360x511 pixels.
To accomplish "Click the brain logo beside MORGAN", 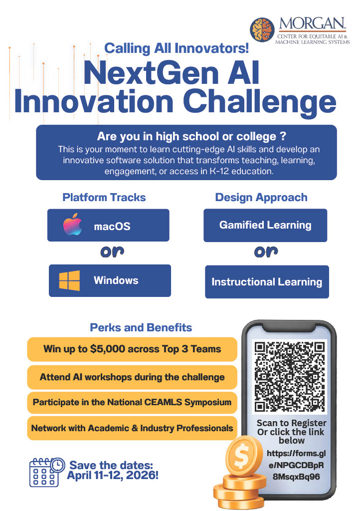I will pos(262,30).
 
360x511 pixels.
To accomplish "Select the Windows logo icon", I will pos(69,280).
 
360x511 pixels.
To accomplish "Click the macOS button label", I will pos(112,227).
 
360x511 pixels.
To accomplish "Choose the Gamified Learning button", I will pos(265,225).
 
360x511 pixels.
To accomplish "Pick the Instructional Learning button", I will pos(267,282).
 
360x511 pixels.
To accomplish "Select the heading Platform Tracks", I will pos(104,197).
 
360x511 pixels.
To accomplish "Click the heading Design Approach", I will pos(261,197).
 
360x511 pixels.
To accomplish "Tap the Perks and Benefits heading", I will pos(141,328).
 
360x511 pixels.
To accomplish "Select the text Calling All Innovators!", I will pos(177,49).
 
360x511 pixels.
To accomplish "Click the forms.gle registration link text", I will pos(292,465).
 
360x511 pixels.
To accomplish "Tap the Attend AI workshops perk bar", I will pos(132,377).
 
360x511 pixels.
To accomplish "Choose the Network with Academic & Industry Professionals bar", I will pos(132,428).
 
